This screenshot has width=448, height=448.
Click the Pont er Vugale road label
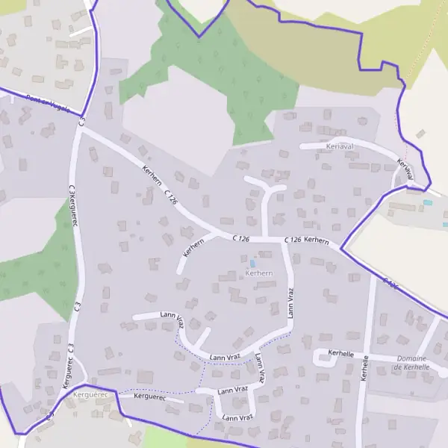click(x=48, y=105)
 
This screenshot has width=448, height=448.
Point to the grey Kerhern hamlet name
click(x=258, y=273)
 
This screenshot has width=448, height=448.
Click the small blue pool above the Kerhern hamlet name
click(x=252, y=263)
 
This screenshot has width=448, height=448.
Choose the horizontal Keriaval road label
click(x=339, y=146)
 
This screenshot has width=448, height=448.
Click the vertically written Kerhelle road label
click(x=364, y=368)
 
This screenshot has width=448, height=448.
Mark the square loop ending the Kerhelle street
click(x=324, y=359)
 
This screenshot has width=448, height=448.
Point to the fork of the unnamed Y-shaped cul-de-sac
click(x=266, y=190)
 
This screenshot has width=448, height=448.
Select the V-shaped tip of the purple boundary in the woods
click(x=199, y=35)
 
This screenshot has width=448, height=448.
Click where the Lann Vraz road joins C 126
click(x=284, y=240)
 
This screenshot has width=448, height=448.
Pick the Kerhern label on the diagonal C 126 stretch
click(x=152, y=176)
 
